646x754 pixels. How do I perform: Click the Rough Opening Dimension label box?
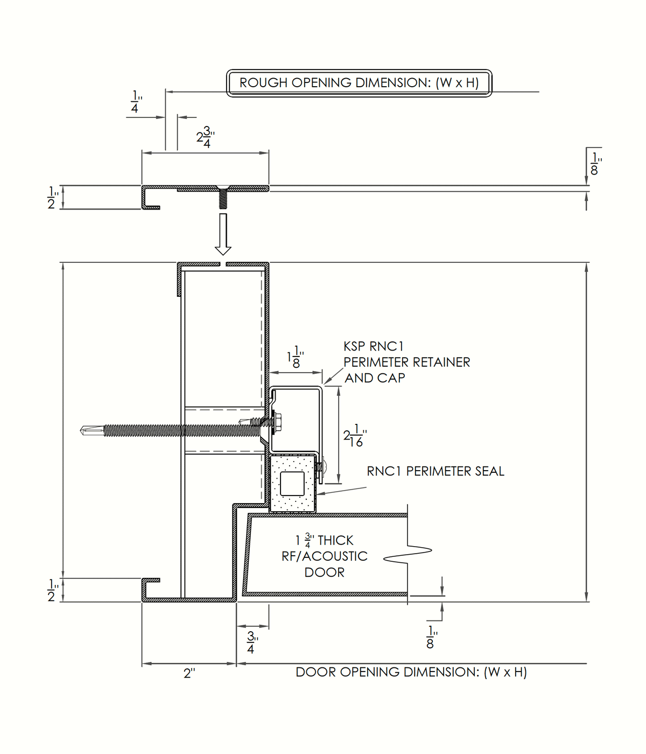click(359, 83)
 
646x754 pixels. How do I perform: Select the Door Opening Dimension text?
click(411, 672)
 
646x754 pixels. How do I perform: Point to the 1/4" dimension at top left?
click(135, 102)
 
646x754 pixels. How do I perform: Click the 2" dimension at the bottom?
click(189, 673)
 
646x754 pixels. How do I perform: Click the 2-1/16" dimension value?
click(355, 436)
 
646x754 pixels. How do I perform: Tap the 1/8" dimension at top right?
click(595, 164)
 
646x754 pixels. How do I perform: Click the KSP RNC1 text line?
click(374, 346)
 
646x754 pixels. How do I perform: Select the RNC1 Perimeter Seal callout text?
click(436, 471)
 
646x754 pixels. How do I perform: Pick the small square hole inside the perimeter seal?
click(292, 484)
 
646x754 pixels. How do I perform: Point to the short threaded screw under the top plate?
click(222, 199)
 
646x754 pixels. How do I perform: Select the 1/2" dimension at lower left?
click(52, 590)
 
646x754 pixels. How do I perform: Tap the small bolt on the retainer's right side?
click(321, 467)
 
